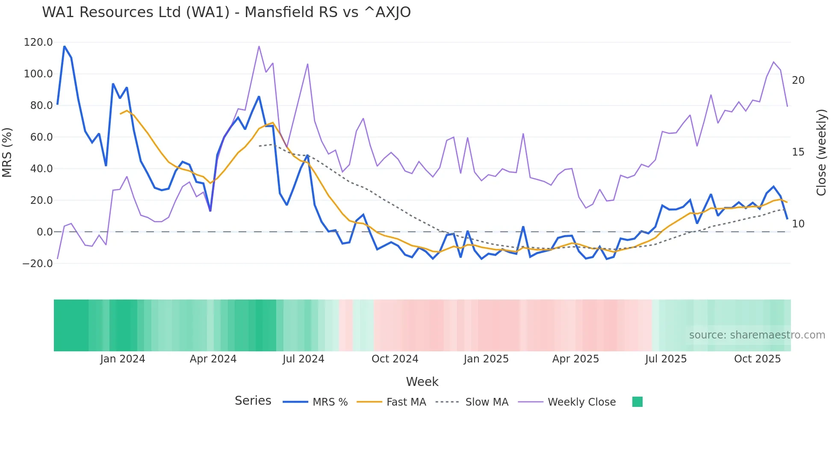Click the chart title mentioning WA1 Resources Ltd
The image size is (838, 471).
[x=226, y=12]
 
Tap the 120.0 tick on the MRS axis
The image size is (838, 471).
[x=38, y=42]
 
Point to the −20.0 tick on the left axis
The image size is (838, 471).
[x=38, y=264]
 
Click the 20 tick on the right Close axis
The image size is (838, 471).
[x=798, y=80]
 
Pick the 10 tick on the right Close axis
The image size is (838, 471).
[x=798, y=224]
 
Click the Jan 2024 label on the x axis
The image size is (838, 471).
[x=123, y=359]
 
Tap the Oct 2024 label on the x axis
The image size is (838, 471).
[x=395, y=359]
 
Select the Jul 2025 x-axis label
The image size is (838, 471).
[x=666, y=359]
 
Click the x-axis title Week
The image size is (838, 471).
[x=422, y=382]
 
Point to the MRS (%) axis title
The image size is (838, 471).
[x=7, y=152]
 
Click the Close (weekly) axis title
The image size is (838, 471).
[x=821, y=152]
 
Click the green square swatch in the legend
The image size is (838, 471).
[x=637, y=402]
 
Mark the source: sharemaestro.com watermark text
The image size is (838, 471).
[x=757, y=335]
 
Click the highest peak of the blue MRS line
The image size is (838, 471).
[x=65, y=46]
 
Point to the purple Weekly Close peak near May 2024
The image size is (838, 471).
[x=259, y=47]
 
